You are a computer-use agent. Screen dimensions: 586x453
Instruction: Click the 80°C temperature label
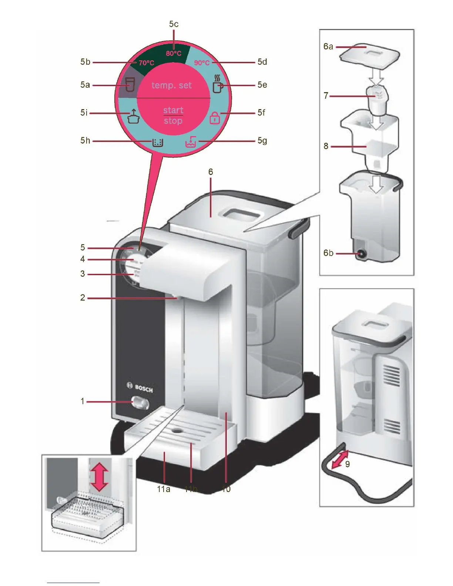pyautogui.click(x=174, y=53)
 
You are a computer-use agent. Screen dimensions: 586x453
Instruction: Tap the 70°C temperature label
pyautogui.click(x=146, y=63)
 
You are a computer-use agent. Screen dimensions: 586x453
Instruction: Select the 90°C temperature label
pyautogui.click(x=202, y=63)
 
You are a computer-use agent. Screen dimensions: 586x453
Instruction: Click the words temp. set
pyautogui.click(x=172, y=85)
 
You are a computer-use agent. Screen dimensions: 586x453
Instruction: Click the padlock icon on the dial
pyautogui.click(x=215, y=118)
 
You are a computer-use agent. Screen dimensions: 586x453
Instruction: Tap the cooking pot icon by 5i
pyautogui.click(x=133, y=116)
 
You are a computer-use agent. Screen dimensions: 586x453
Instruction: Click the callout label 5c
pyautogui.click(x=174, y=24)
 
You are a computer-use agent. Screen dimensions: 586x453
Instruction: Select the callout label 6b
pyautogui.click(x=328, y=253)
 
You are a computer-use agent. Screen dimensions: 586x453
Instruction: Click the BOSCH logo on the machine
pyautogui.click(x=140, y=387)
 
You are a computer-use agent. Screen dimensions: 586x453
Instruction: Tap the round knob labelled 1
pyautogui.click(x=140, y=403)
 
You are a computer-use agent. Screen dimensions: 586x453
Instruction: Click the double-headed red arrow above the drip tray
pyautogui.click(x=99, y=477)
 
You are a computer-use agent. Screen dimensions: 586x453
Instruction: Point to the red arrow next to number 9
pyautogui.click(x=340, y=459)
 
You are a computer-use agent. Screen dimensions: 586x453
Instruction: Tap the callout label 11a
pyautogui.click(x=163, y=489)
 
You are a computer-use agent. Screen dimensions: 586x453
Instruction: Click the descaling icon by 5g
pyautogui.click(x=191, y=142)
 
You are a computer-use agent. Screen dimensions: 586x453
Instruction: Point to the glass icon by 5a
pyautogui.click(x=129, y=84)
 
